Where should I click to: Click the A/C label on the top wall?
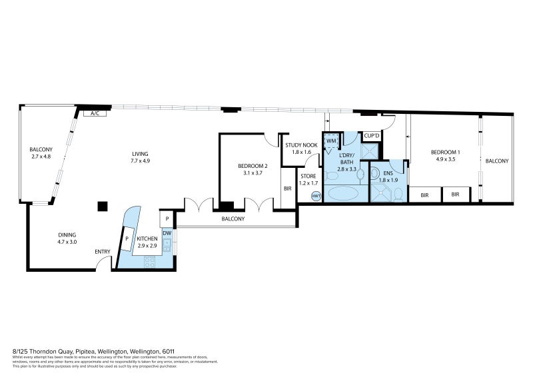(x=95, y=114)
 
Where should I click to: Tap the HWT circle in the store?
(x=316, y=196)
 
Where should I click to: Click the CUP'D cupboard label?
(x=371, y=137)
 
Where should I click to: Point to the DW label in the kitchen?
(x=166, y=232)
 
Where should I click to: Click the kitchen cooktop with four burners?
(x=148, y=262)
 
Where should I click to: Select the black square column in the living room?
(x=101, y=206)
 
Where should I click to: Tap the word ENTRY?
(x=102, y=251)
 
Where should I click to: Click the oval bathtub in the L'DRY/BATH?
(x=343, y=195)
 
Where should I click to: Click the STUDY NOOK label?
(x=301, y=145)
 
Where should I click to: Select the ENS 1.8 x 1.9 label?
(x=388, y=176)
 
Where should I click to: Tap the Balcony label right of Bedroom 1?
(x=496, y=161)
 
